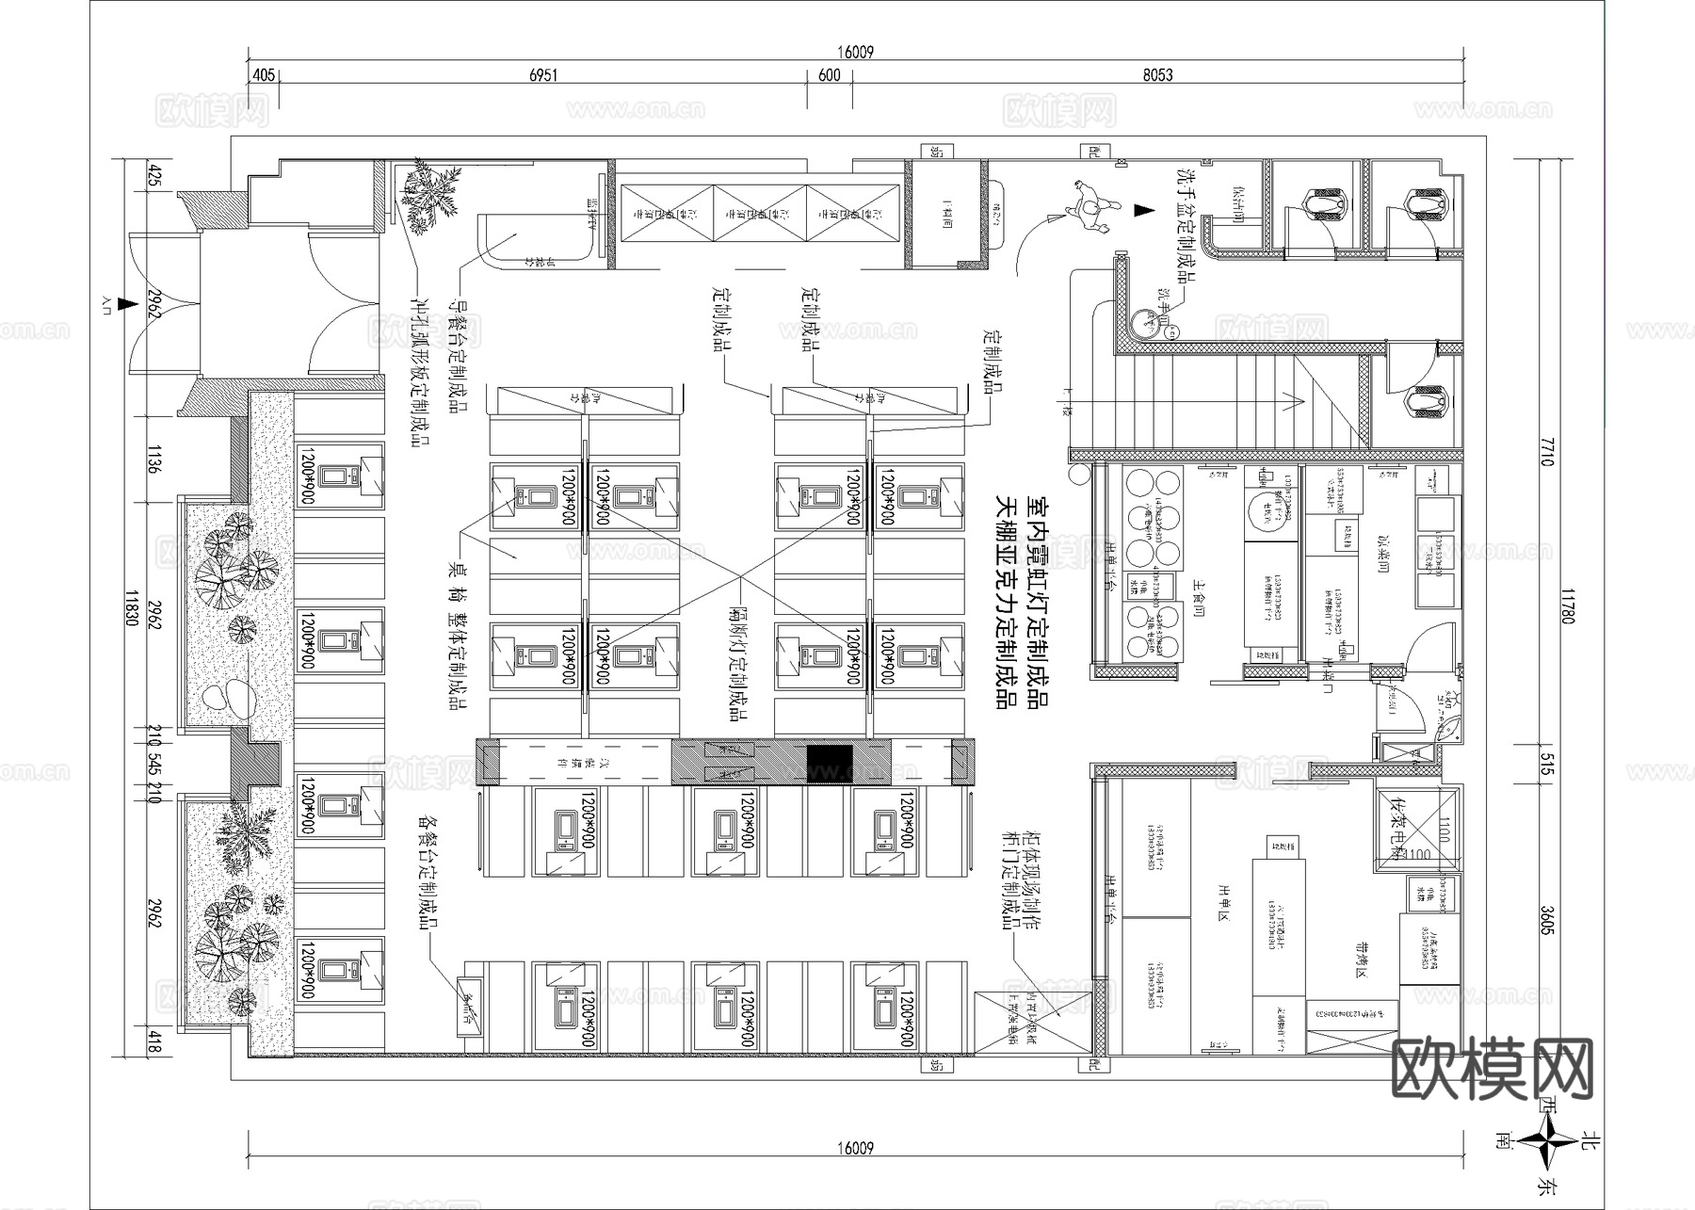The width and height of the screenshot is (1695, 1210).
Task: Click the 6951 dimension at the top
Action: (x=542, y=75)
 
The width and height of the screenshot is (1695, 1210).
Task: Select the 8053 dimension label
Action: (x=1157, y=75)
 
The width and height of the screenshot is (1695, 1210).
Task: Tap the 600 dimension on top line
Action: (x=829, y=75)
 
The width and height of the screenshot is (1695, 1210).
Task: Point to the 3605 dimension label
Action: (x=1546, y=920)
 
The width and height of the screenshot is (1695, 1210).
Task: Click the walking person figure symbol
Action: (x=1090, y=204)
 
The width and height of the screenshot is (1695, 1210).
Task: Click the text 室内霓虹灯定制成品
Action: (x=1038, y=603)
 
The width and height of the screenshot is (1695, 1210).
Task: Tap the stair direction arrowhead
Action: (x=1300, y=402)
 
